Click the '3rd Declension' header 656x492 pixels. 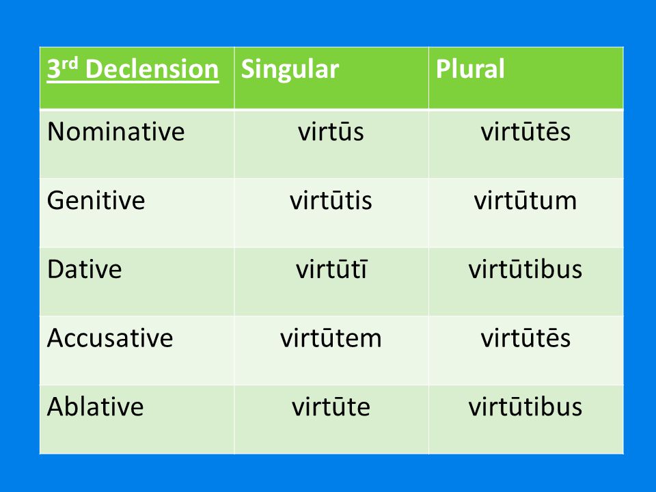pyautogui.click(x=133, y=69)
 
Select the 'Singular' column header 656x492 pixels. pyautogui.click(x=290, y=70)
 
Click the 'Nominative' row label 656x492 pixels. pyautogui.click(x=116, y=132)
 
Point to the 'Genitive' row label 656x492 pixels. pyautogui.click(x=96, y=200)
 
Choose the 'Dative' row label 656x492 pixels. pyautogui.click(x=85, y=269)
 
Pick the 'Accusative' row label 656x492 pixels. pyautogui.click(x=110, y=338)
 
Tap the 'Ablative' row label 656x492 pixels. pyautogui.click(x=96, y=406)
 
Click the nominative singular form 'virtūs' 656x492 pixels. pyautogui.click(x=331, y=132)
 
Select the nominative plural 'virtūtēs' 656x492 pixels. pyautogui.click(x=525, y=132)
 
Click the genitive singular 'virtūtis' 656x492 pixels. pyautogui.click(x=331, y=200)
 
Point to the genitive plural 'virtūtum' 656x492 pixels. pyautogui.click(x=525, y=200)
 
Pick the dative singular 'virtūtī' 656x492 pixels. pyautogui.click(x=331, y=269)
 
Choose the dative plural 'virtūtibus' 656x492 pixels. pyautogui.click(x=525, y=269)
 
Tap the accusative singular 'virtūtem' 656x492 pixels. pyautogui.click(x=331, y=338)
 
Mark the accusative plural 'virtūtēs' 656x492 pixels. pyautogui.click(x=525, y=338)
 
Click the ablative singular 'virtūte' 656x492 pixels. pyautogui.click(x=331, y=406)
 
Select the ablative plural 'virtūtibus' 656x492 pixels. pyautogui.click(x=525, y=406)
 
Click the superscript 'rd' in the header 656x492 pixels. pyautogui.click(x=70, y=63)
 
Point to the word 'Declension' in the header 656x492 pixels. pyautogui.click(x=152, y=69)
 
